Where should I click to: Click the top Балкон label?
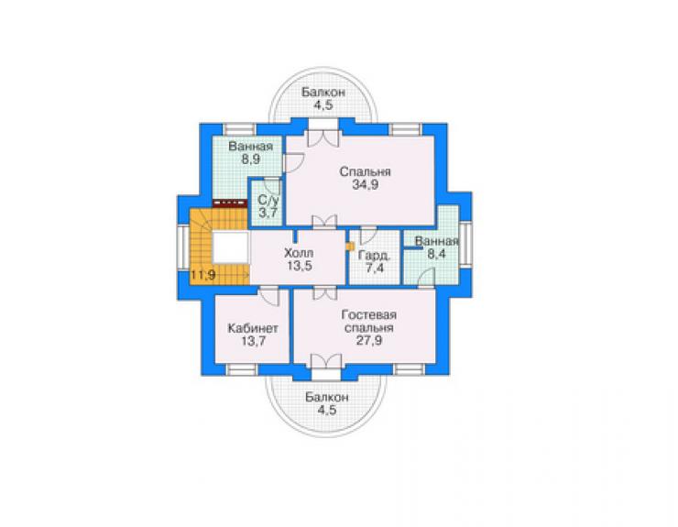click(x=323, y=93)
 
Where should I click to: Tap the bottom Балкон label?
click(x=326, y=397)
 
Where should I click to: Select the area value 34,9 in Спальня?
click(x=366, y=185)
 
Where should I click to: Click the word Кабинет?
click(x=253, y=328)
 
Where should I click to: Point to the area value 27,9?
click(x=369, y=340)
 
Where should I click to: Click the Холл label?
click(x=299, y=253)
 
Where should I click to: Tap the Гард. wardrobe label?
click(x=375, y=256)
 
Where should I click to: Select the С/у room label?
click(x=269, y=200)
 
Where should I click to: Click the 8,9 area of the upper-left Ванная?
click(x=251, y=159)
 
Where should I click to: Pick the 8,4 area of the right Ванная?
click(x=436, y=254)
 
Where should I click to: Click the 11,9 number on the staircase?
click(x=203, y=275)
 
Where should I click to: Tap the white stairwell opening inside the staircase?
click(x=231, y=247)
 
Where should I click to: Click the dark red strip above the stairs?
click(x=229, y=202)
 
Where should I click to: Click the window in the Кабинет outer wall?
click(x=242, y=370)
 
